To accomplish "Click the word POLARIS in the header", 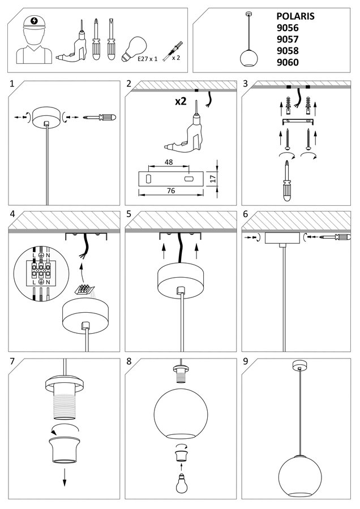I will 295,16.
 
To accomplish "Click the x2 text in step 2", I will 181,102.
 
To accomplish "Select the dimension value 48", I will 169,162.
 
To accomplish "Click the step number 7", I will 13,361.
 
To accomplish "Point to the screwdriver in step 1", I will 99,118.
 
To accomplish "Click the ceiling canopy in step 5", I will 179,281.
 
